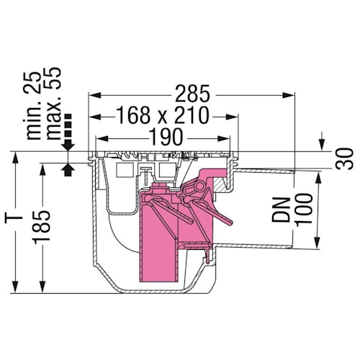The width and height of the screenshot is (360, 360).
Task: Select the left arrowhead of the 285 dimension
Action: point(91,95)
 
